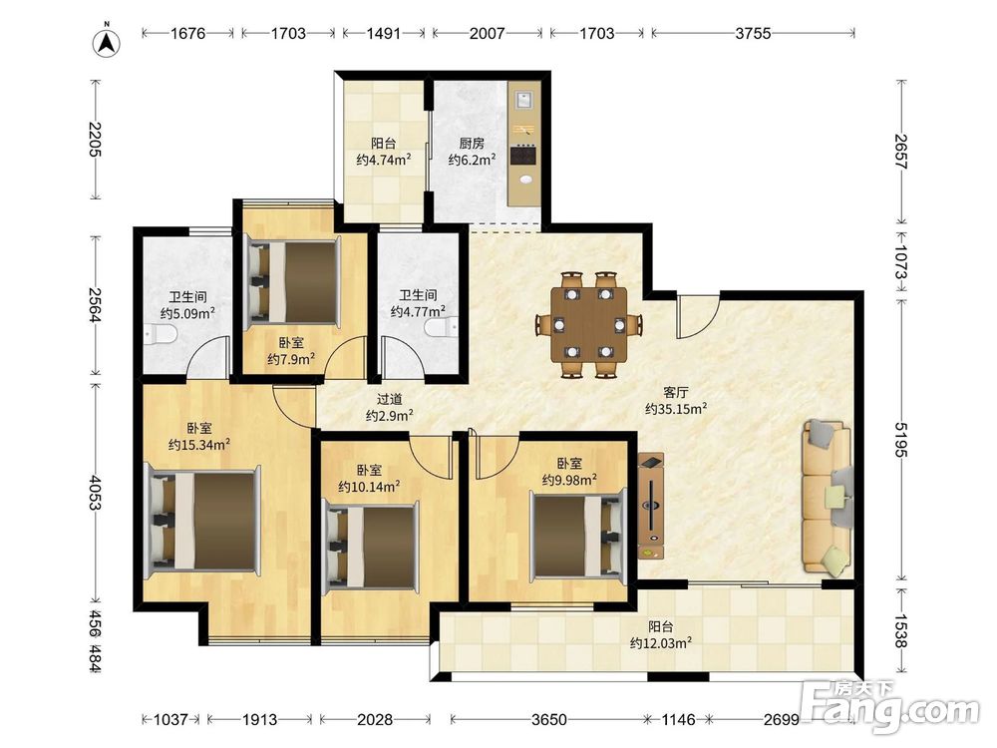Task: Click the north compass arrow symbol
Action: tap(108, 42)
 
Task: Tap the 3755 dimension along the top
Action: tap(753, 33)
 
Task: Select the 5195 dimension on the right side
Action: tap(901, 440)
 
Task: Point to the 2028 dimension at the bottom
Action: tap(375, 719)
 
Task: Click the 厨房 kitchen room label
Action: tap(472, 144)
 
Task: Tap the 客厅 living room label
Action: tap(675, 392)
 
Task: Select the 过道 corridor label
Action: tap(389, 400)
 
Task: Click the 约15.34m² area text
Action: tap(199, 445)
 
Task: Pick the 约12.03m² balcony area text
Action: tap(661, 643)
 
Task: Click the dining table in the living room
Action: tap(589, 324)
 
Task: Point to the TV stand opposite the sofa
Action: tap(650, 506)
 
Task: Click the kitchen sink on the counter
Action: tap(524, 99)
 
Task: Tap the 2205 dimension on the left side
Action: tap(96, 139)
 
